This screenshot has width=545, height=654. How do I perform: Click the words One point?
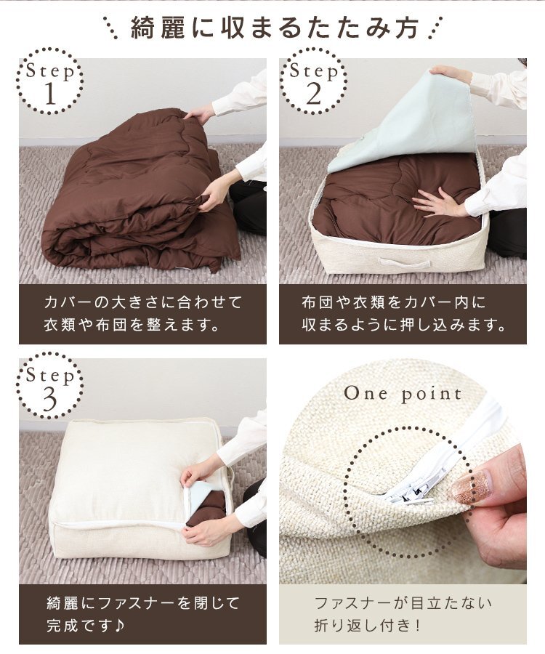[x=403, y=394]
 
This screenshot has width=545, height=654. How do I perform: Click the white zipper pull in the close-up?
[x=411, y=492]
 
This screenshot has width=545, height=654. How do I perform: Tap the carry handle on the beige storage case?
[x=405, y=264]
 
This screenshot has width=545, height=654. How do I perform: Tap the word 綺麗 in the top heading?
[x=158, y=28]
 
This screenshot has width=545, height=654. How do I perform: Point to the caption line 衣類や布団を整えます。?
[x=132, y=325]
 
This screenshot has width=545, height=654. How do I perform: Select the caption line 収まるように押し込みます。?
[x=403, y=325]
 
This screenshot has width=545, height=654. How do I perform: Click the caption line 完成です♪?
[x=86, y=625]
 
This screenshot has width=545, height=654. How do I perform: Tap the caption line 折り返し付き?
[x=368, y=625]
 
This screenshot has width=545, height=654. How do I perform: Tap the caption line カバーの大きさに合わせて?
[x=142, y=302]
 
